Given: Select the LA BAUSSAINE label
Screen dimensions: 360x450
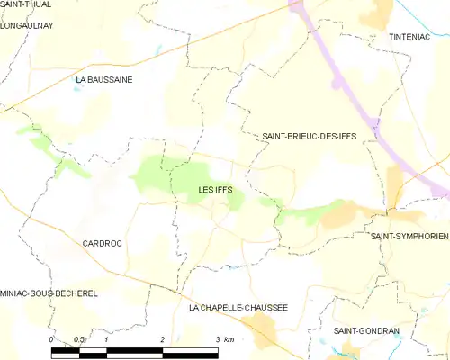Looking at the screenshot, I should [104, 80].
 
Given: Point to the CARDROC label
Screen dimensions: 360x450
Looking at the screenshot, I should [102, 243].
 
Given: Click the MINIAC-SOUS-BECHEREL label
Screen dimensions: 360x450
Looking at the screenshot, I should [49, 293].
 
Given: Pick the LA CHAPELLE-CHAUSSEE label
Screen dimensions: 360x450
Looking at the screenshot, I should [238, 307].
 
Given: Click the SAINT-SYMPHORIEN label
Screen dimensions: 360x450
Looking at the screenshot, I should [409, 235].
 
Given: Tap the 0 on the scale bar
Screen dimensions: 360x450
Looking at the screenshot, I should [52, 339].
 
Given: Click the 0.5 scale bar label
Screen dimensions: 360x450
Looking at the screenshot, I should [79, 339].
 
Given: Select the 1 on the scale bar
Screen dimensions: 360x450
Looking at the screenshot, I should [107, 339].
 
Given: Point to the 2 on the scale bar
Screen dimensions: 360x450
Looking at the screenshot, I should [162, 339].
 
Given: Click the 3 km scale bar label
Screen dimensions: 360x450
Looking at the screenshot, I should [224, 339].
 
